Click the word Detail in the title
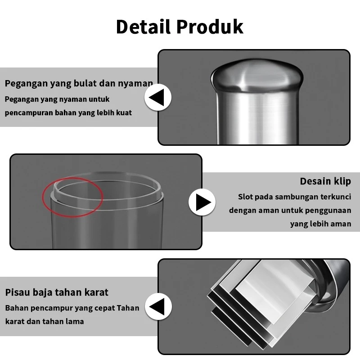pos(144,27)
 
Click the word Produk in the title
pos(210,27)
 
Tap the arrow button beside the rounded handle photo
pos(157,98)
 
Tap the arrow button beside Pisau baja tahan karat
pos(157,307)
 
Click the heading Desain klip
pos(325,181)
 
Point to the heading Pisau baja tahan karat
pos(57,292)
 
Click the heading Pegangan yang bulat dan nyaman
pos(79,83)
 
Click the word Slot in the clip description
pos(247,197)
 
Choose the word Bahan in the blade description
pos(17,308)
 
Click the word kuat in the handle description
pos(124,112)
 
